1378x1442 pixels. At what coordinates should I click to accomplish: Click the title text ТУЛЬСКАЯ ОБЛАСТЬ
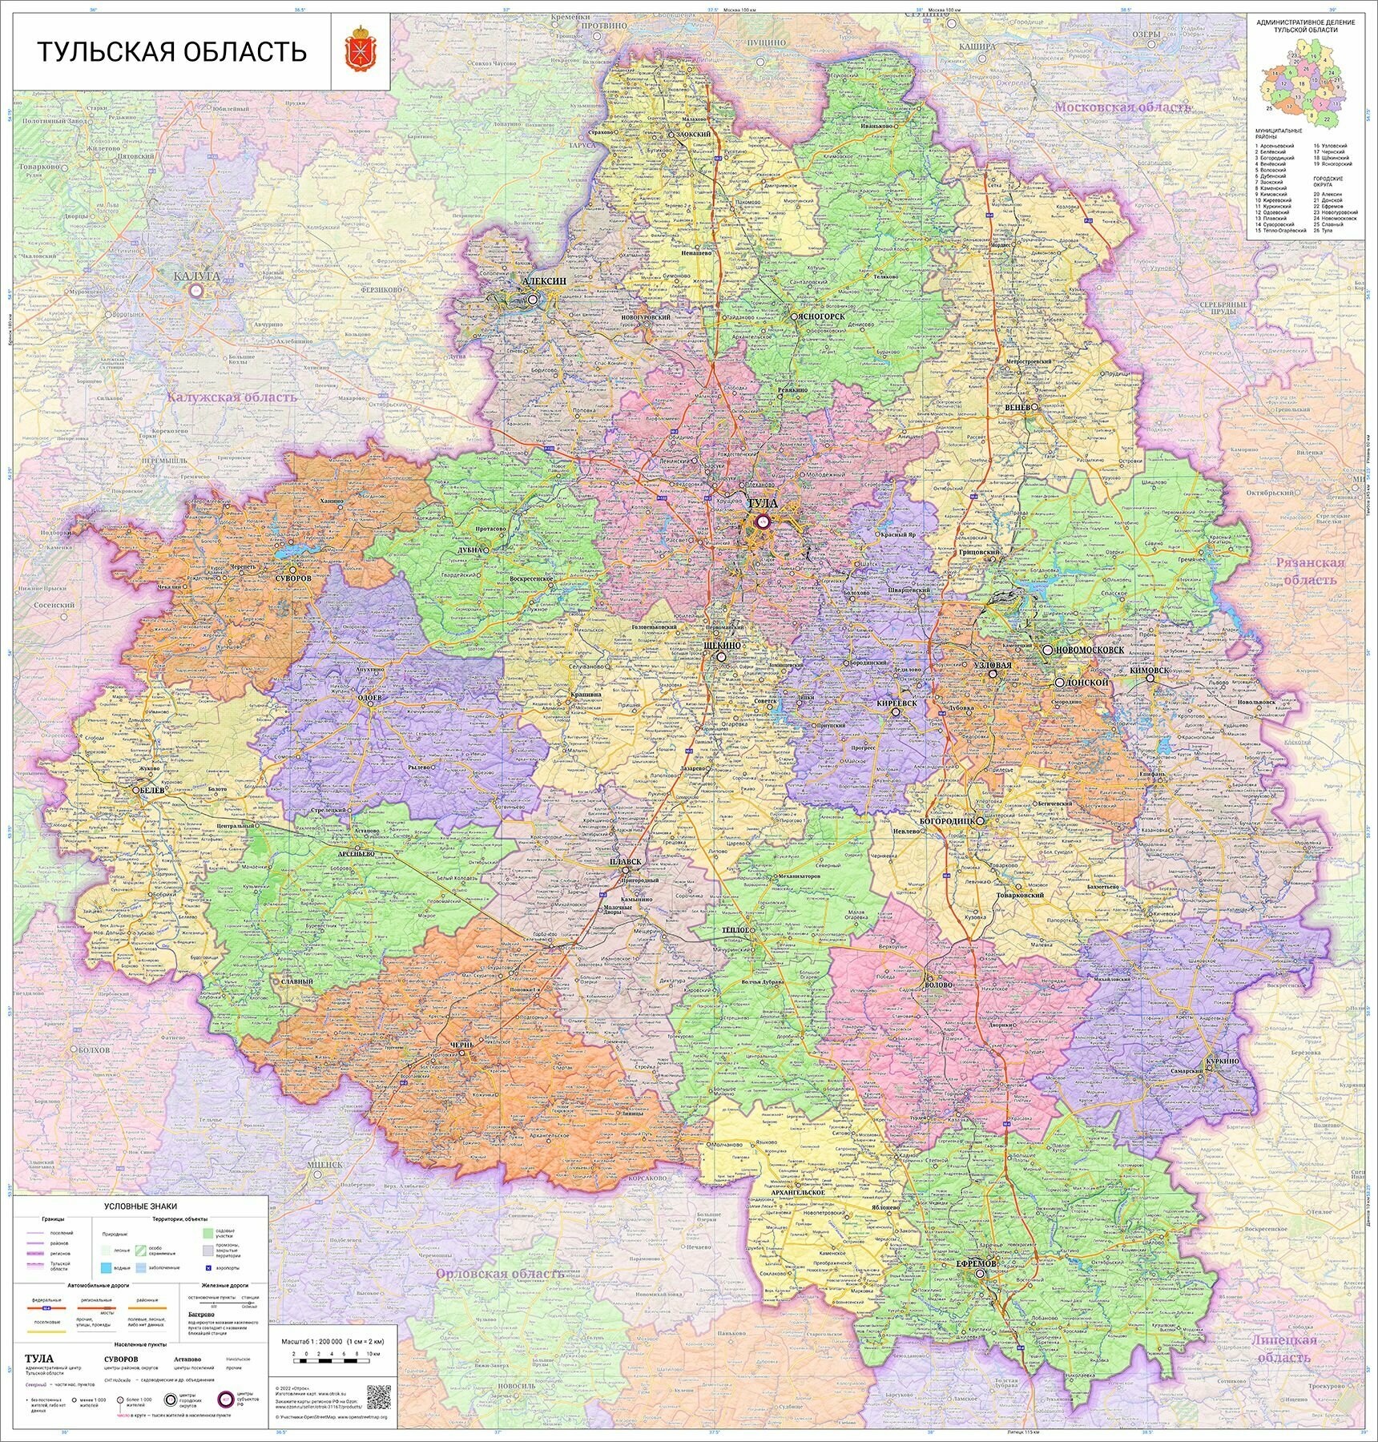[x=172, y=52]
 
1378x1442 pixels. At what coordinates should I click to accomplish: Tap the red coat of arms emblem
[x=361, y=51]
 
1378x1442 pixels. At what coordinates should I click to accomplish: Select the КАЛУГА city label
[x=195, y=277]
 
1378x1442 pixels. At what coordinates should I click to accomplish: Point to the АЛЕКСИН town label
[x=544, y=282]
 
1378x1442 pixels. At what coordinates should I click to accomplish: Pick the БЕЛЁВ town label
[x=151, y=789]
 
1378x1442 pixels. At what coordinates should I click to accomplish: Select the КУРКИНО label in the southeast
[x=1221, y=1061]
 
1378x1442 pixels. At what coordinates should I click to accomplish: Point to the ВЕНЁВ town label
[x=1017, y=407]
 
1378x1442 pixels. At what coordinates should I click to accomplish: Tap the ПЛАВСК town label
[x=625, y=861]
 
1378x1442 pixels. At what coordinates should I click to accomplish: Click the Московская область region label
[x=1122, y=107]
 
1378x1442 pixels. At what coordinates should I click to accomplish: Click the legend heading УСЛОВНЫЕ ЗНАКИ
[x=140, y=1206]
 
